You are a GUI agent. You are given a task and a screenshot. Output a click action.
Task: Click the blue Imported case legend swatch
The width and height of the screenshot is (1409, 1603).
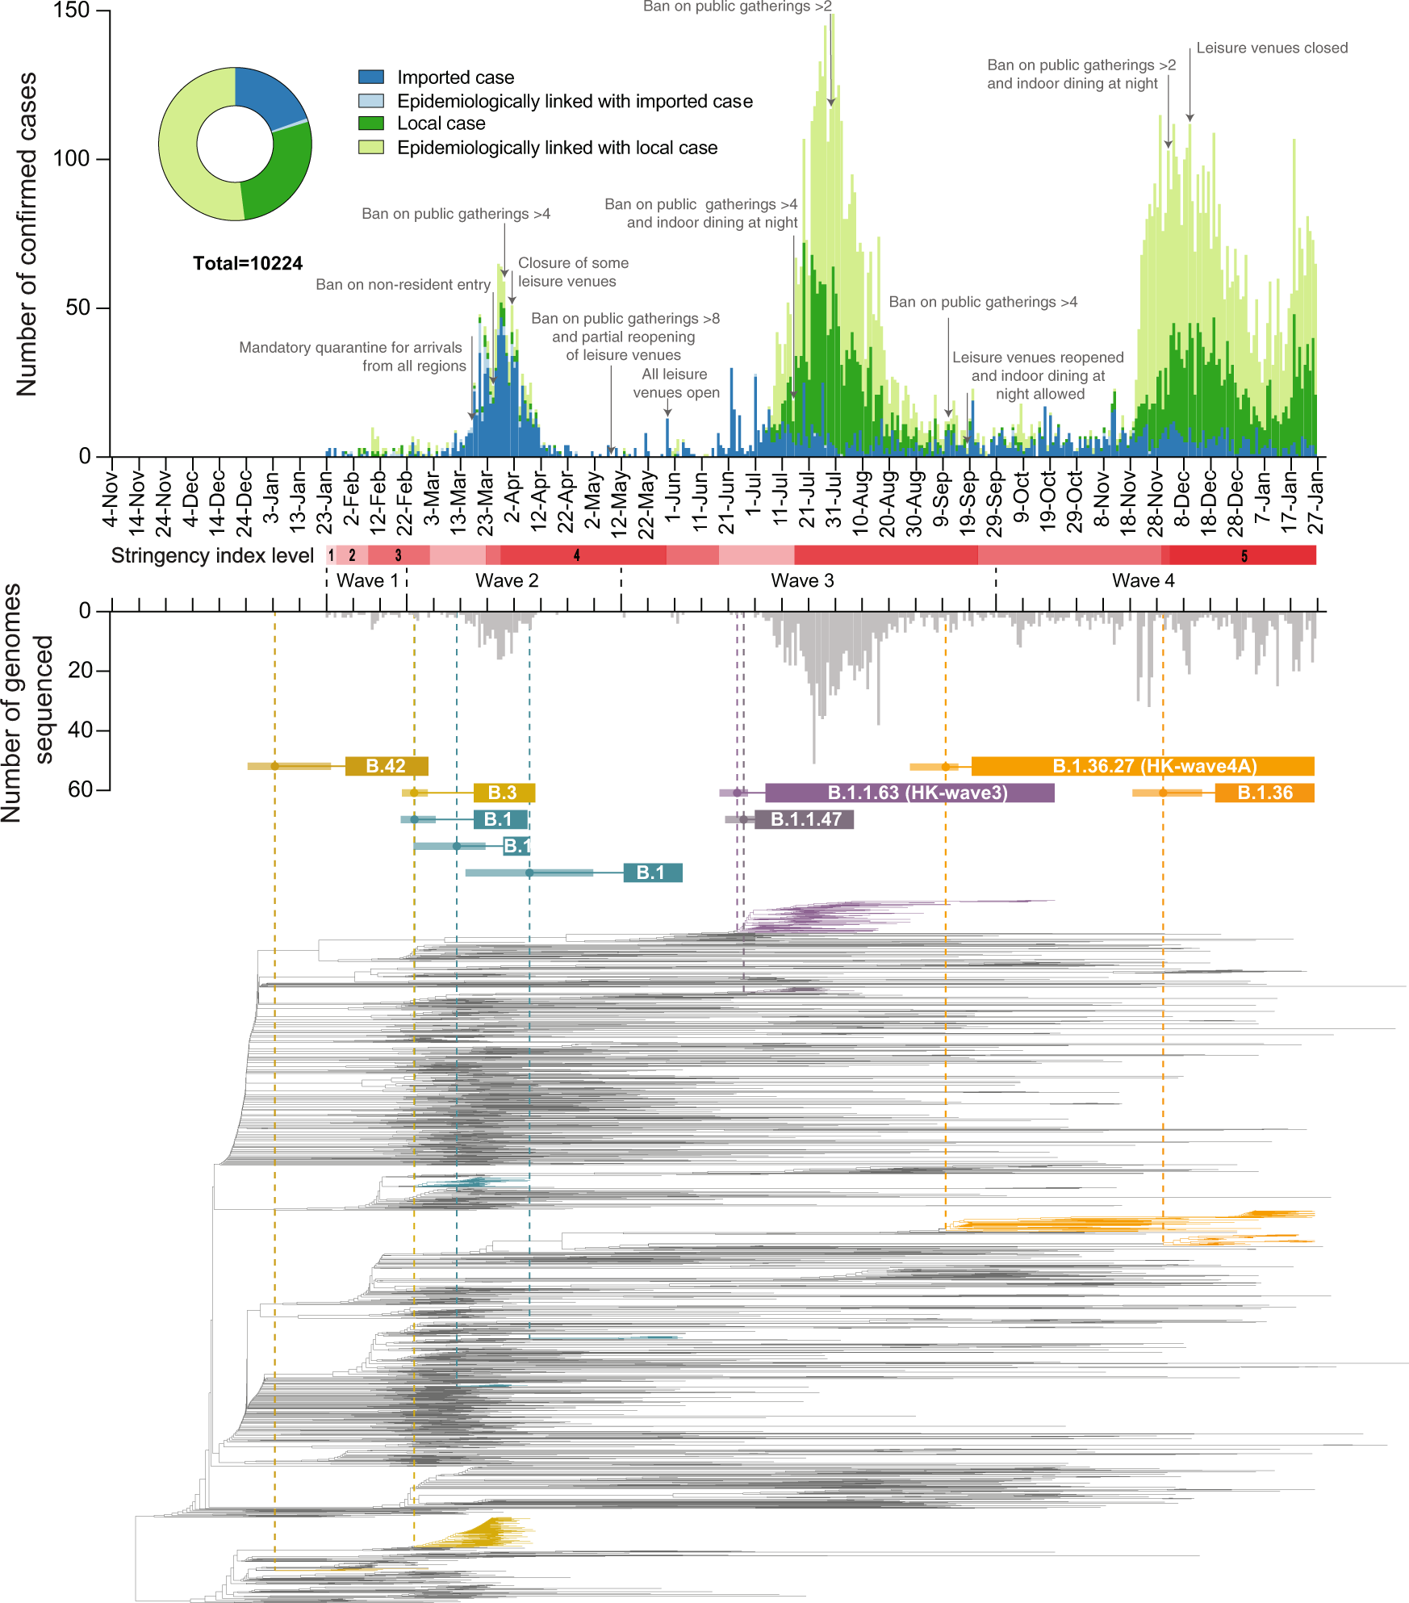tap(370, 77)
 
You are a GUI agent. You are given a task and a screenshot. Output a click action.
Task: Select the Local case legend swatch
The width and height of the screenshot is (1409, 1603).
tap(370, 123)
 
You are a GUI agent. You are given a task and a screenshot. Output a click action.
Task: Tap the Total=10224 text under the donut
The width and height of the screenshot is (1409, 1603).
tap(248, 263)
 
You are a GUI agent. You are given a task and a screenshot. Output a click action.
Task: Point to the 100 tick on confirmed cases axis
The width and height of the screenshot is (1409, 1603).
tap(72, 158)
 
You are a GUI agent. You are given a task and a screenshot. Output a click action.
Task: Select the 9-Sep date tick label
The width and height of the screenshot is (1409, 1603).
tap(941, 500)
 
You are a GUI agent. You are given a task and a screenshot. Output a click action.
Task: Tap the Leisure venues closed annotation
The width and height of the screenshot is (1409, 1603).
tap(1271, 48)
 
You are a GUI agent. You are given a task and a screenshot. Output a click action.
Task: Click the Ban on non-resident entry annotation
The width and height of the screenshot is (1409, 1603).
tap(403, 285)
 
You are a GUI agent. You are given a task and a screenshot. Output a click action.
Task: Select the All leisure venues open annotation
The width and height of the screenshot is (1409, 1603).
tap(675, 383)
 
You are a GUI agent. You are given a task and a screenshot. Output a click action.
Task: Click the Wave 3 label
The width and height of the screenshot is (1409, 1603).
tap(802, 580)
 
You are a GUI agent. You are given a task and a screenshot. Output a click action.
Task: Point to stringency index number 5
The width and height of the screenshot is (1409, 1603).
tap(1244, 555)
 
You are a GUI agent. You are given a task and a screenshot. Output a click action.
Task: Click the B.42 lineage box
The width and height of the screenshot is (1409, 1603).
tap(386, 766)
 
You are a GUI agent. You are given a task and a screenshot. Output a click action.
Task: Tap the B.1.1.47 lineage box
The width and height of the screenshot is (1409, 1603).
tap(805, 819)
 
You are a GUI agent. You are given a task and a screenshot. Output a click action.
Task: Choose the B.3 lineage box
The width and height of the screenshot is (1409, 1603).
tap(503, 793)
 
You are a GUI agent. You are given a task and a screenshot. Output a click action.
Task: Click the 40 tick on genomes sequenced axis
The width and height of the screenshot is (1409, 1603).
tap(81, 730)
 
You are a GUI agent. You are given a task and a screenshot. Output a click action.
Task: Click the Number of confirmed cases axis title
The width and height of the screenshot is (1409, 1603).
tap(27, 234)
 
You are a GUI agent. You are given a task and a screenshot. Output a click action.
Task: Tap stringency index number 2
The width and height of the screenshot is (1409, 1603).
tap(352, 555)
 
